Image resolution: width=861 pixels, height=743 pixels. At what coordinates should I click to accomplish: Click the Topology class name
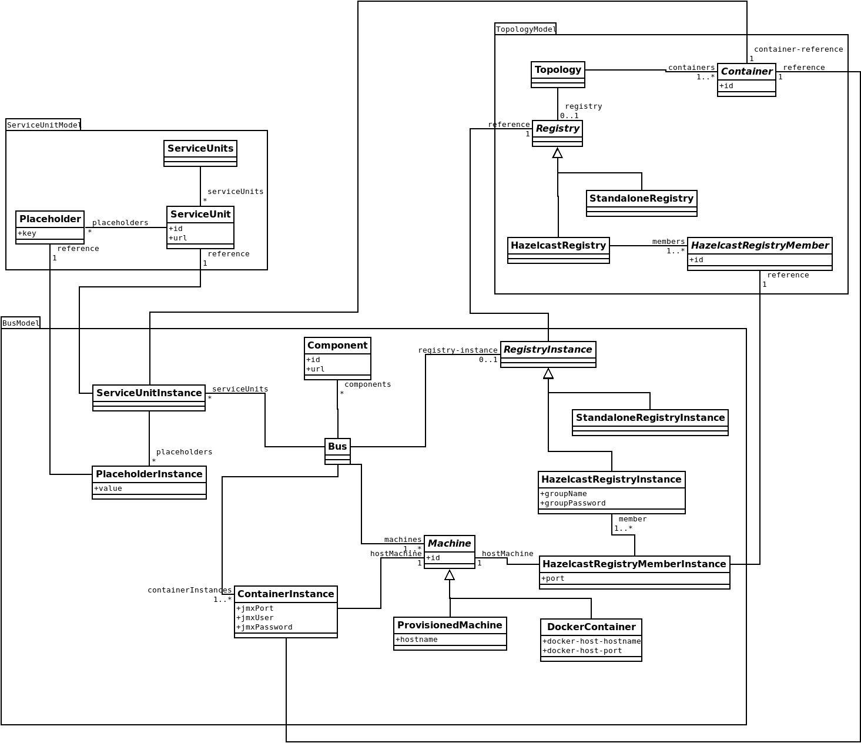point(558,70)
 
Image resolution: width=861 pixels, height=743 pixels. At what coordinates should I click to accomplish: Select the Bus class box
point(337,451)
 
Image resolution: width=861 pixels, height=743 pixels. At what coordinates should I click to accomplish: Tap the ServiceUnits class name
point(200,149)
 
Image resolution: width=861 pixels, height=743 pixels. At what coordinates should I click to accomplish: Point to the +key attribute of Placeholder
point(27,233)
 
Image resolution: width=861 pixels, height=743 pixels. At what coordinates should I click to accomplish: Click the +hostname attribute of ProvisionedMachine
point(417,640)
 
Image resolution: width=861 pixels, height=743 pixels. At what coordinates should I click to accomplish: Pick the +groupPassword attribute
point(572,503)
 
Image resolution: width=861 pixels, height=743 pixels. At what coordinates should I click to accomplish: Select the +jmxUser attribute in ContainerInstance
point(255,618)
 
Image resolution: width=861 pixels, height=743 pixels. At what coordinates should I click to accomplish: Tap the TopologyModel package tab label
point(525,29)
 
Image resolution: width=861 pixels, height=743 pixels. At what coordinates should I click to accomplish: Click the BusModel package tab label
point(21,323)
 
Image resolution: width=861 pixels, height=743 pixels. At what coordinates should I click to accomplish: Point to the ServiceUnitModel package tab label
point(43,125)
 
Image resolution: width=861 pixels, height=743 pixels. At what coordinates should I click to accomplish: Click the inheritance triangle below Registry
point(558,153)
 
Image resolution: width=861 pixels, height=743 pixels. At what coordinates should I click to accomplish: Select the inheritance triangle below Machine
point(450,575)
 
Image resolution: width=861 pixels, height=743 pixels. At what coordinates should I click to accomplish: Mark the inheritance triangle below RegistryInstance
point(548,374)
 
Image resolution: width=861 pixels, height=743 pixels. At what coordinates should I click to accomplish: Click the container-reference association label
point(798,49)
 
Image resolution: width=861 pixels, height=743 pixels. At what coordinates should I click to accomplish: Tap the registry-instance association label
point(458,350)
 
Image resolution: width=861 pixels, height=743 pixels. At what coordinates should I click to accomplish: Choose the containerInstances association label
point(189,590)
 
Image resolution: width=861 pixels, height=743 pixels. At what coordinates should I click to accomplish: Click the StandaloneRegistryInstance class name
point(650,418)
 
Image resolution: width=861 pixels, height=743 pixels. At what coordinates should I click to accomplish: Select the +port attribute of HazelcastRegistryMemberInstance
point(553,578)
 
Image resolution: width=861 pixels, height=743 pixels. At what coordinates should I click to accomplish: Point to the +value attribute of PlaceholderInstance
point(108,488)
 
